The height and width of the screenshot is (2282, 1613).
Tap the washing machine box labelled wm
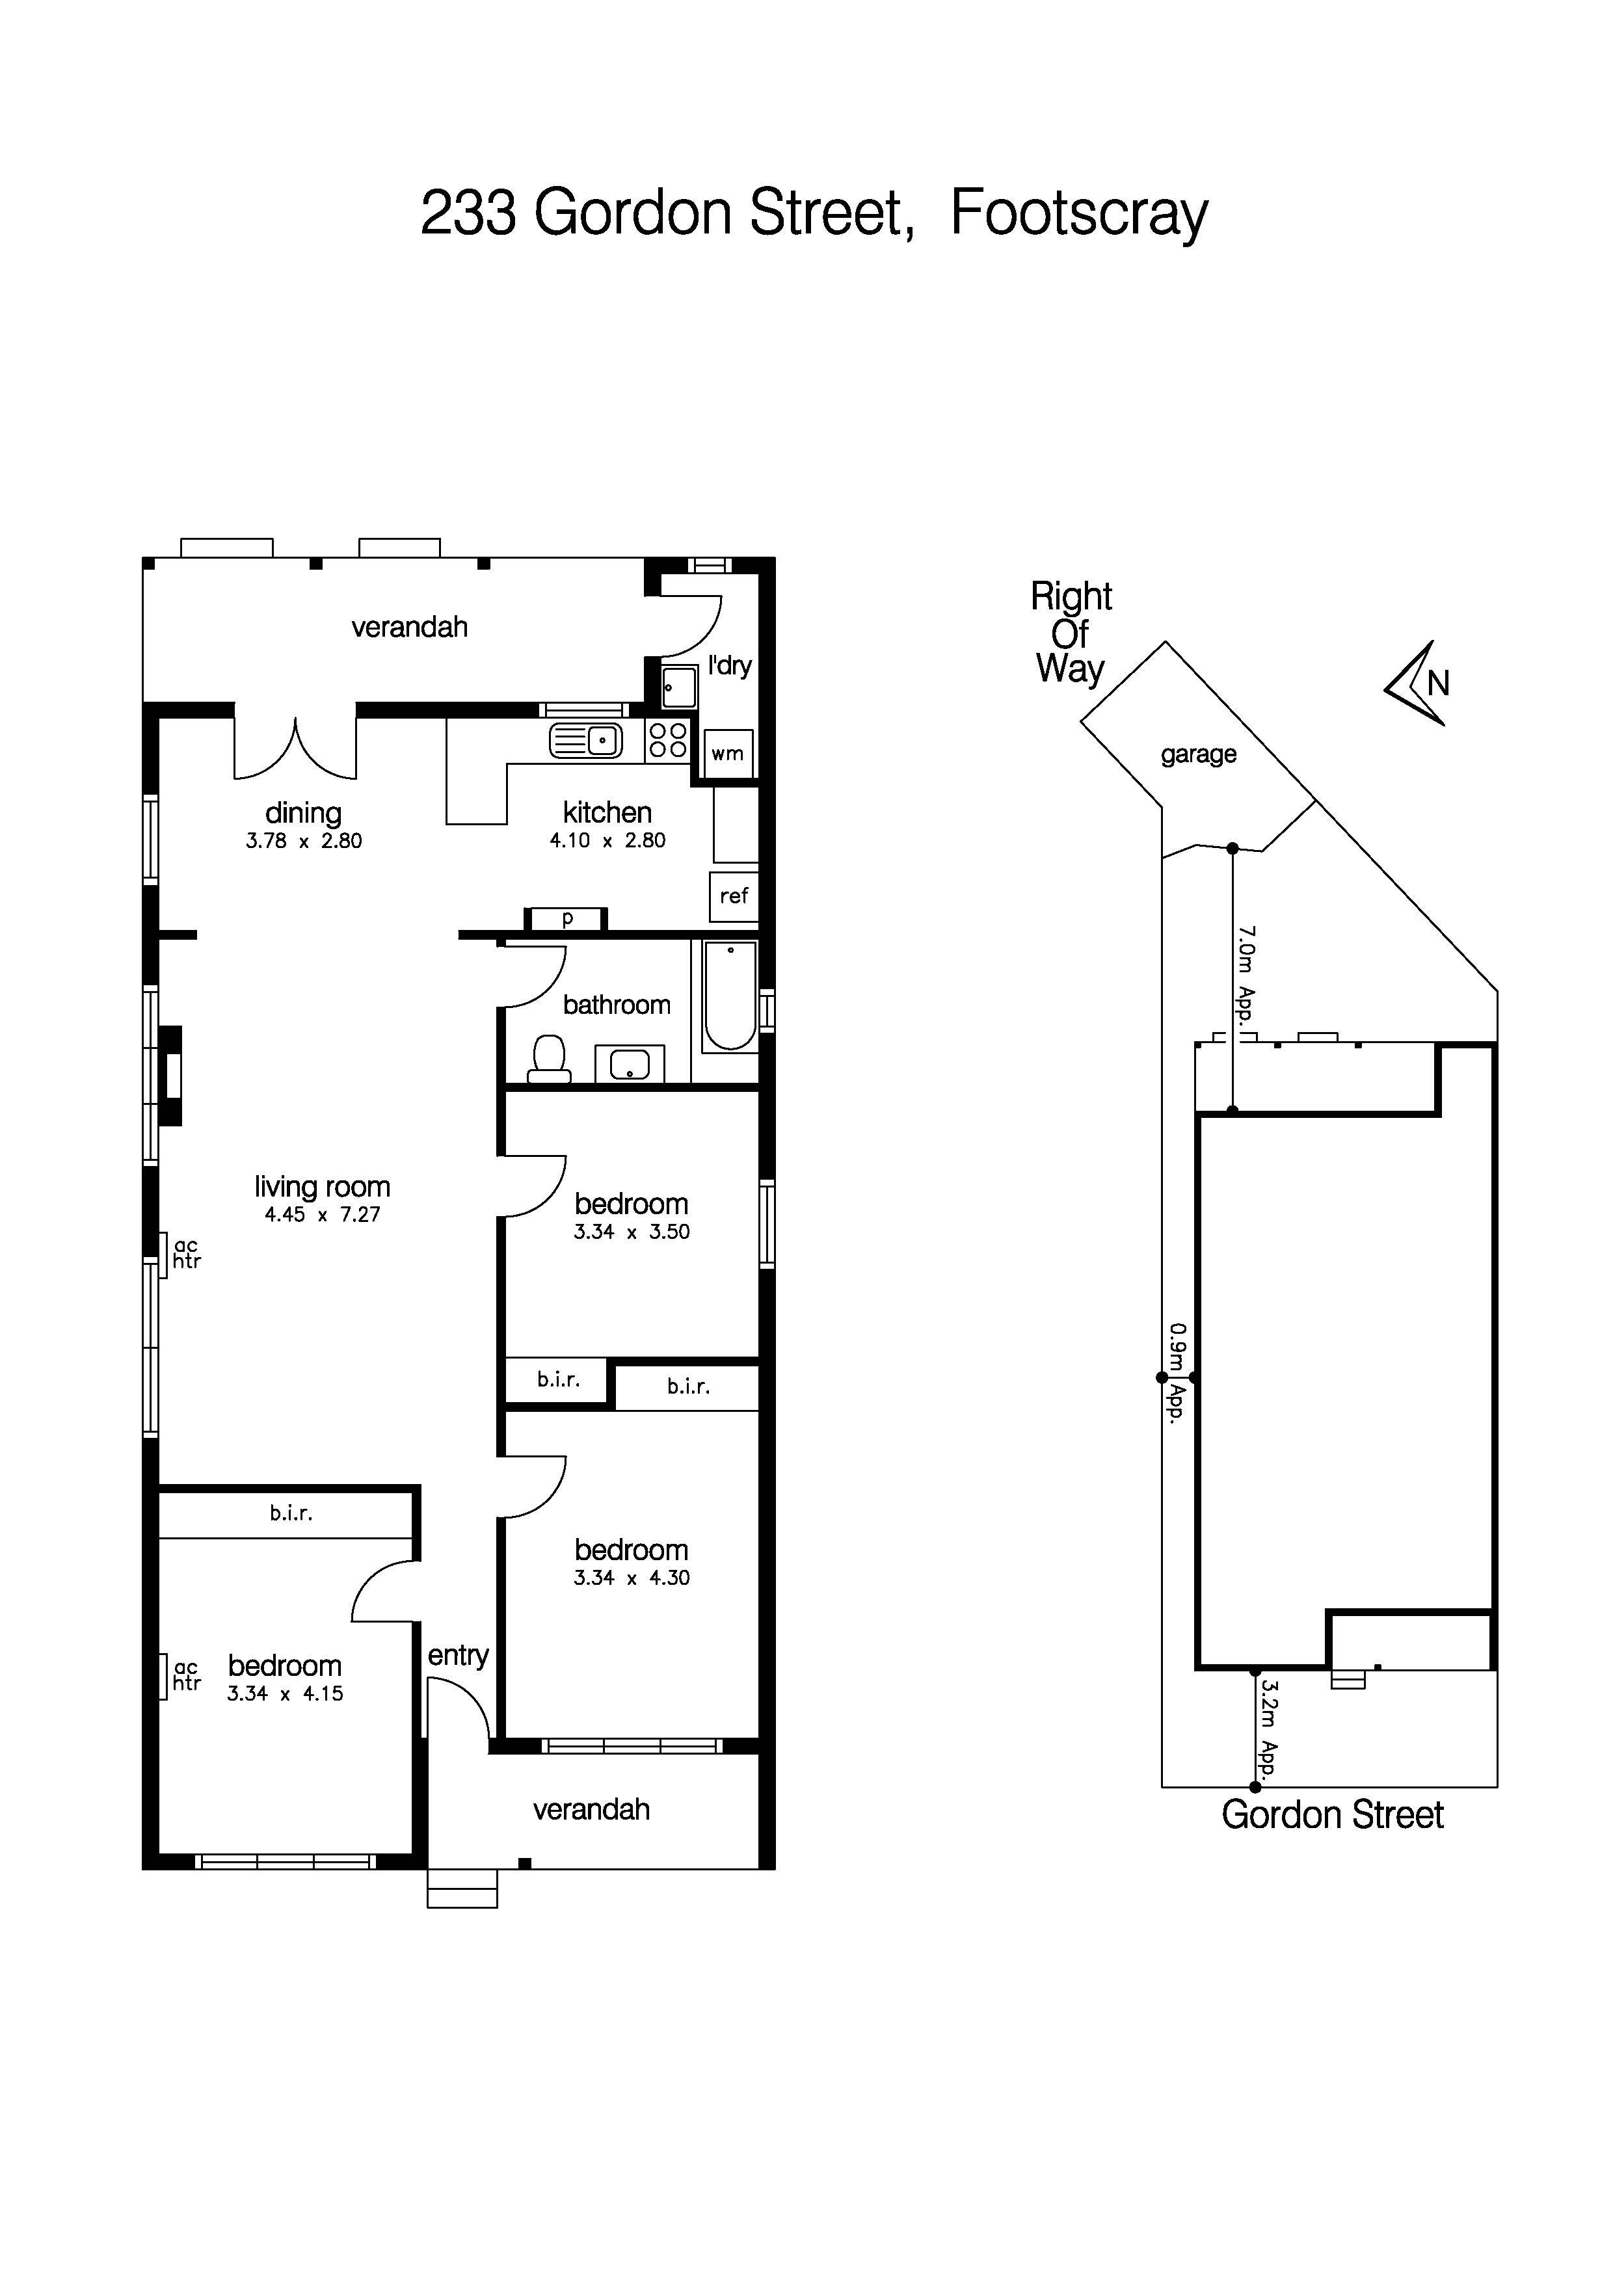point(728,753)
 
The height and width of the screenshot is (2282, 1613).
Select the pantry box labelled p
point(567,918)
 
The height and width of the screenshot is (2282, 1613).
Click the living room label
point(322,1187)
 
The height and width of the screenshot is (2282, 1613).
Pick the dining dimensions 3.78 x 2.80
point(304,841)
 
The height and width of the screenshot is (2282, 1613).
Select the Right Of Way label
point(1071,632)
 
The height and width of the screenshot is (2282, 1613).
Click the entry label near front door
point(458,1656)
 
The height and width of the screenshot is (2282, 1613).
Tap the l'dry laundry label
point(730,665)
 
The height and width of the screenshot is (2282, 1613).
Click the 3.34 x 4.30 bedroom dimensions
point(631,1577)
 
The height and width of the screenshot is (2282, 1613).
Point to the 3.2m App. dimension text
point(1268,1729)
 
